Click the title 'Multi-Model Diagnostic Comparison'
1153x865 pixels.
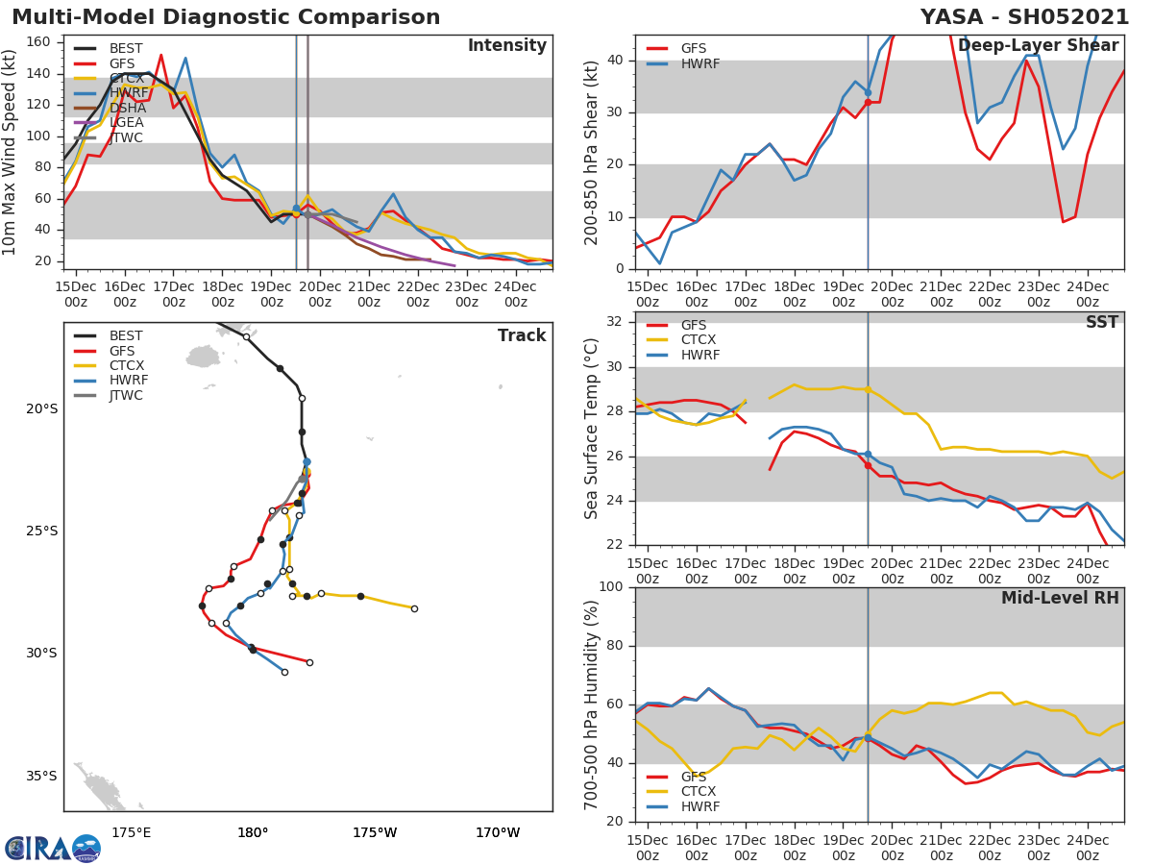pos(226,17)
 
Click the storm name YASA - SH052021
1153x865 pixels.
pos(1024,17)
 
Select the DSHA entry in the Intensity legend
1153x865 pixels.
pos(126,108)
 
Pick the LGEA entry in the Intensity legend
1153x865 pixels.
pos(126,122)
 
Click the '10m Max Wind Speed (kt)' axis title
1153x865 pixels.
pos(11,152)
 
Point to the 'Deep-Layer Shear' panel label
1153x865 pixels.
pos(1038,46)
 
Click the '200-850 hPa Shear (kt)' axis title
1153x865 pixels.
pos(592,152)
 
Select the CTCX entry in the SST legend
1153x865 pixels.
pos(698,340)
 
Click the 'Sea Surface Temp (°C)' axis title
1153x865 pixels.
pos(592,427)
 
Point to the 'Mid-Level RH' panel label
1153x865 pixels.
pos(1060,598)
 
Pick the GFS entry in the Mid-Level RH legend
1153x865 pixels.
pos(693,777)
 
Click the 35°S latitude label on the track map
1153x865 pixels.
pos(41,776)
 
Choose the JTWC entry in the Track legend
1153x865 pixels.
pos(126,395)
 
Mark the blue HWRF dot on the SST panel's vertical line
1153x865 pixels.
pos(868,454)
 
